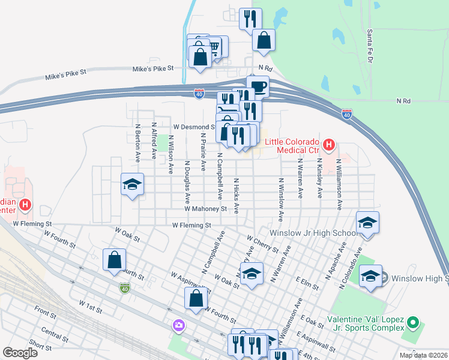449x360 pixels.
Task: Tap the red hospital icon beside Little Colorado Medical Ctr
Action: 328,145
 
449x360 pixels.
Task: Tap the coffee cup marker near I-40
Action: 259,86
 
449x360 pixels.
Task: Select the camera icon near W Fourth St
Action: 178,325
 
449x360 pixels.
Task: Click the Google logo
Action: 20,352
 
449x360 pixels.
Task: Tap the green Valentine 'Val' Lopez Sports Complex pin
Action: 412,323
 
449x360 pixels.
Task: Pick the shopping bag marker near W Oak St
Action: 114,260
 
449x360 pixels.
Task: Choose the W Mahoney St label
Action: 205,209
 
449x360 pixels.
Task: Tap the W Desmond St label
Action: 193,127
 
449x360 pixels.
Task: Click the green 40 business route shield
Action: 124,289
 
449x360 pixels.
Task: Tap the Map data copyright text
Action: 423,355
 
